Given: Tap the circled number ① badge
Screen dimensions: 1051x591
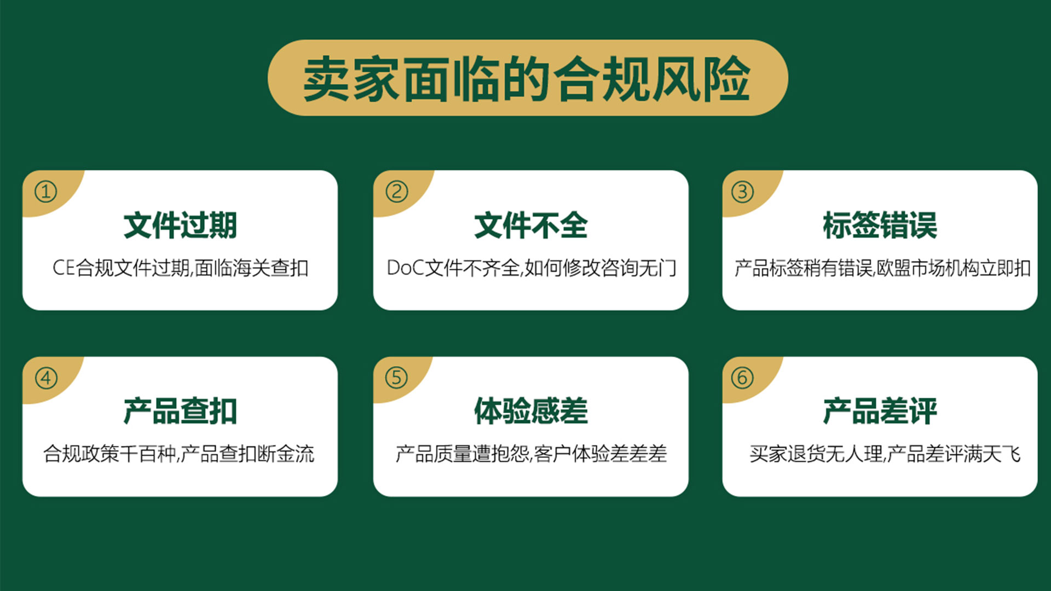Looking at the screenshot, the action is (46, 192).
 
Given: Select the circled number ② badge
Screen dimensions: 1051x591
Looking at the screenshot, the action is (397, 192).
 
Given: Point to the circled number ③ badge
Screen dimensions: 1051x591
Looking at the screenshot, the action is (743, 192).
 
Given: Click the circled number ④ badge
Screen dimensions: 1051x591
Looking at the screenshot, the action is (46, 378).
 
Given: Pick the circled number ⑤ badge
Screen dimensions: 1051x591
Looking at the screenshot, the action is (397, 378).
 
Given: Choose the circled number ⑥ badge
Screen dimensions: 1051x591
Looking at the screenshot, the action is (743, 378).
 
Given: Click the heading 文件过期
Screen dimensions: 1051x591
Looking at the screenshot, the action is (180, 225).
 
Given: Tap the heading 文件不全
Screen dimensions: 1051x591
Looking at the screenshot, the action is (530, 225).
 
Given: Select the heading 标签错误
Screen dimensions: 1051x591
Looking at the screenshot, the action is (880, 225).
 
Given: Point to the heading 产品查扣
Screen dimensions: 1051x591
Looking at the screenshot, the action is (180, 411).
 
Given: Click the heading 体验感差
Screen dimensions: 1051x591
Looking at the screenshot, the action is (530, 411).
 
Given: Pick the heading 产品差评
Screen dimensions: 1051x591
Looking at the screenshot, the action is (880, 411).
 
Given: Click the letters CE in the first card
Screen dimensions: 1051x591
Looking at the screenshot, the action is (63, 268).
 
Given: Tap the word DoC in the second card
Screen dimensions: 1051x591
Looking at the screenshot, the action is (406, 268).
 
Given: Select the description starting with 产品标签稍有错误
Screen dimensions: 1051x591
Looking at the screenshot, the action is (882, 268).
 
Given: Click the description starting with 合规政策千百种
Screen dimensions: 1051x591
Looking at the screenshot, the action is (179, 454).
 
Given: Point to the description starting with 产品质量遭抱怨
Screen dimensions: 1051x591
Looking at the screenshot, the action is (531, 454).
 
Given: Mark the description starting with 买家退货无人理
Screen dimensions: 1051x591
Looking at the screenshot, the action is (885, 454).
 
